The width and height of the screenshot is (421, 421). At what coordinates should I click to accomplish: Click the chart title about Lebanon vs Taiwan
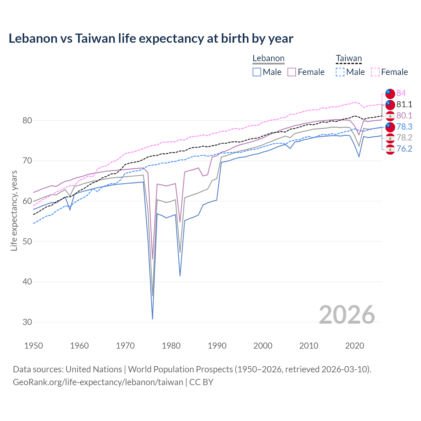151,38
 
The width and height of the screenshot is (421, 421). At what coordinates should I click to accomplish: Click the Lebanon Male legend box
257,72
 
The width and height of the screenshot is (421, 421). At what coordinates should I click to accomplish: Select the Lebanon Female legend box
292,72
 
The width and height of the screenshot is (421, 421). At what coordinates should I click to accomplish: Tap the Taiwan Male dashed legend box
340,72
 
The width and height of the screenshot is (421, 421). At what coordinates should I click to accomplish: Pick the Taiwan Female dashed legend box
375,72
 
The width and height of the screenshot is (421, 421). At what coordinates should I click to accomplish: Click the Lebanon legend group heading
268,59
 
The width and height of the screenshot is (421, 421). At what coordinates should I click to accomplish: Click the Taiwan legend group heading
349,59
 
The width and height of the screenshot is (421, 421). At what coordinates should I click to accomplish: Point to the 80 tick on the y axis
27,121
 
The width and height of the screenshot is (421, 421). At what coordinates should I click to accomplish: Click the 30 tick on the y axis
27,322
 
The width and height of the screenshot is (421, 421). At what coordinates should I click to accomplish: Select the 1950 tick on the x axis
34,346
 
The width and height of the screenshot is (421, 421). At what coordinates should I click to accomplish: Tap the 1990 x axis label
217,346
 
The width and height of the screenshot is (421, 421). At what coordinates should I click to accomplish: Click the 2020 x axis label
355,346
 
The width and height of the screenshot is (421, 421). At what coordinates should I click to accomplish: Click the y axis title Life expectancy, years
14,210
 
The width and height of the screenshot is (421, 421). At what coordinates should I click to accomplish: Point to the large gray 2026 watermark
347,315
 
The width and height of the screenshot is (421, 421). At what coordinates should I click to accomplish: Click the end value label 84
401,93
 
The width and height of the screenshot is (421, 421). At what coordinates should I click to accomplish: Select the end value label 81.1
404,105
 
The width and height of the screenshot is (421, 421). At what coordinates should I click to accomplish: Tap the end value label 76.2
404,149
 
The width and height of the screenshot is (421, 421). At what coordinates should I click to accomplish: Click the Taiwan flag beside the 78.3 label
390,127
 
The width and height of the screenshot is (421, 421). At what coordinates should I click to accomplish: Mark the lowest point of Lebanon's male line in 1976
153,319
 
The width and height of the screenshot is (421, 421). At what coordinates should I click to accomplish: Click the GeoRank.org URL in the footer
98,382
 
